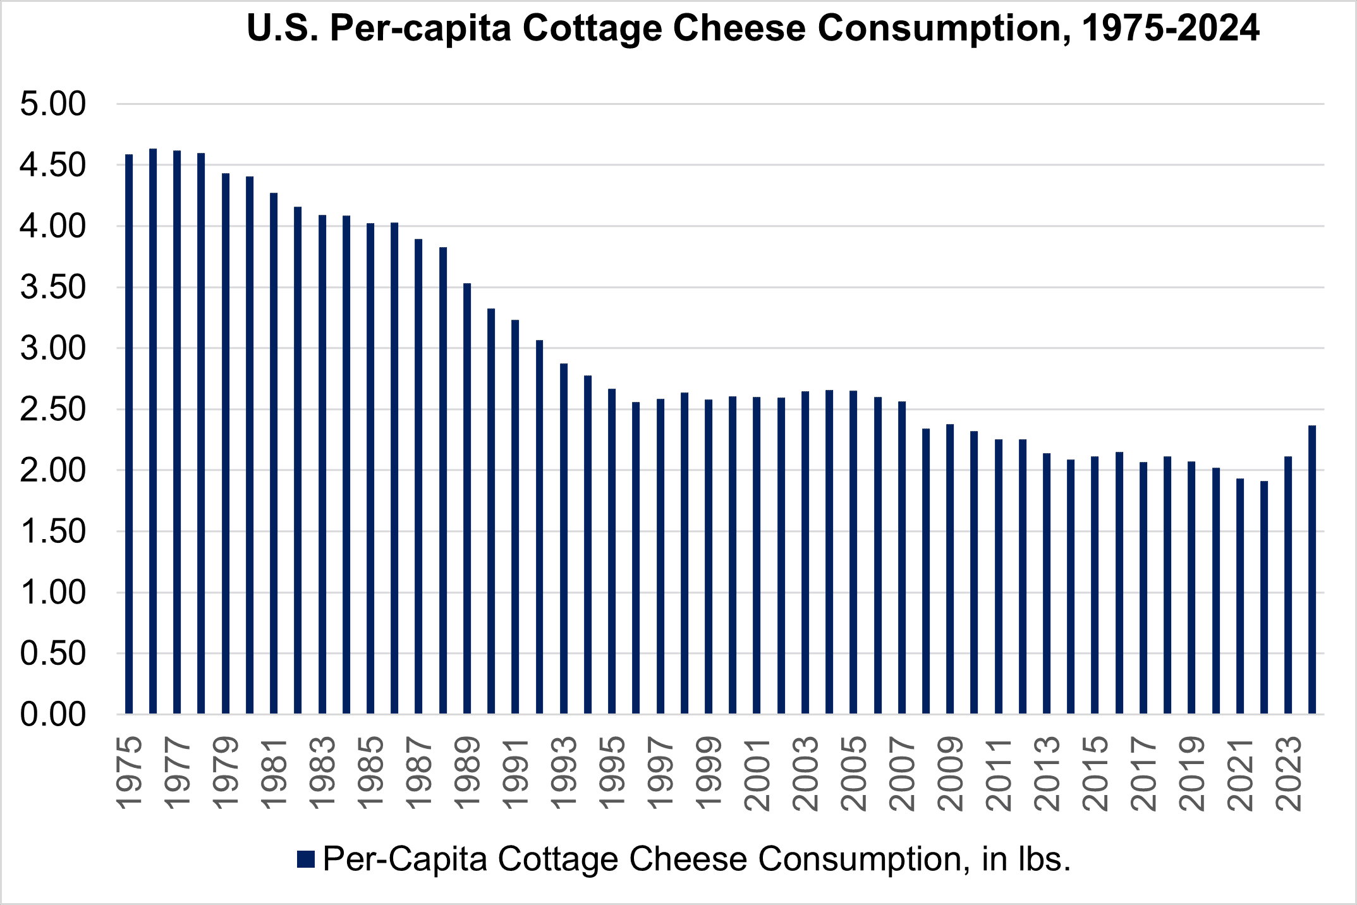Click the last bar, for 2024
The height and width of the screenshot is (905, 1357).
(1312, 569)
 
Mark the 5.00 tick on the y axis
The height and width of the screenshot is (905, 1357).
(52, 104)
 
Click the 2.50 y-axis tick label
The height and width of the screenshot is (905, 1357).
(52, 410)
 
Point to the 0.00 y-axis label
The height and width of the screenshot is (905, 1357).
(52, 715)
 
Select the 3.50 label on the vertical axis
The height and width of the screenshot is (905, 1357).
(52, 288)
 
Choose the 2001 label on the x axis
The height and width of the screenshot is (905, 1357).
(757, 775)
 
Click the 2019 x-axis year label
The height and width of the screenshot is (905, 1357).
(1191, 775)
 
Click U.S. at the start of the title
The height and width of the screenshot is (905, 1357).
(283, 28)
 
